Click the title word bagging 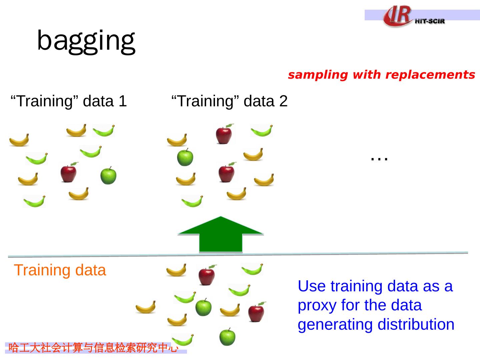click(x=86, y=42)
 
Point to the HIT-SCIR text click(x=430, y=21)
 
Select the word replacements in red click(x=430, y=75)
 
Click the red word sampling click(x=318, y=75)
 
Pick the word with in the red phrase click(x=367, y=75)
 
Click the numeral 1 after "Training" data click(x=123, y=101)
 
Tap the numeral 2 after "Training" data click(x=283, y=101)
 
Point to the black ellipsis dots click(x=379, y=159)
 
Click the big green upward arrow click(x=221, y=235)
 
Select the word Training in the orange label click(x=42, y=271)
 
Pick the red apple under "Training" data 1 click(x=69, y=172)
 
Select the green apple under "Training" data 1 click(x=108, y=176)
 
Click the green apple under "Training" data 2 click(x=185, y=157)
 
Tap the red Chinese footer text click(x=93, y=348)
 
